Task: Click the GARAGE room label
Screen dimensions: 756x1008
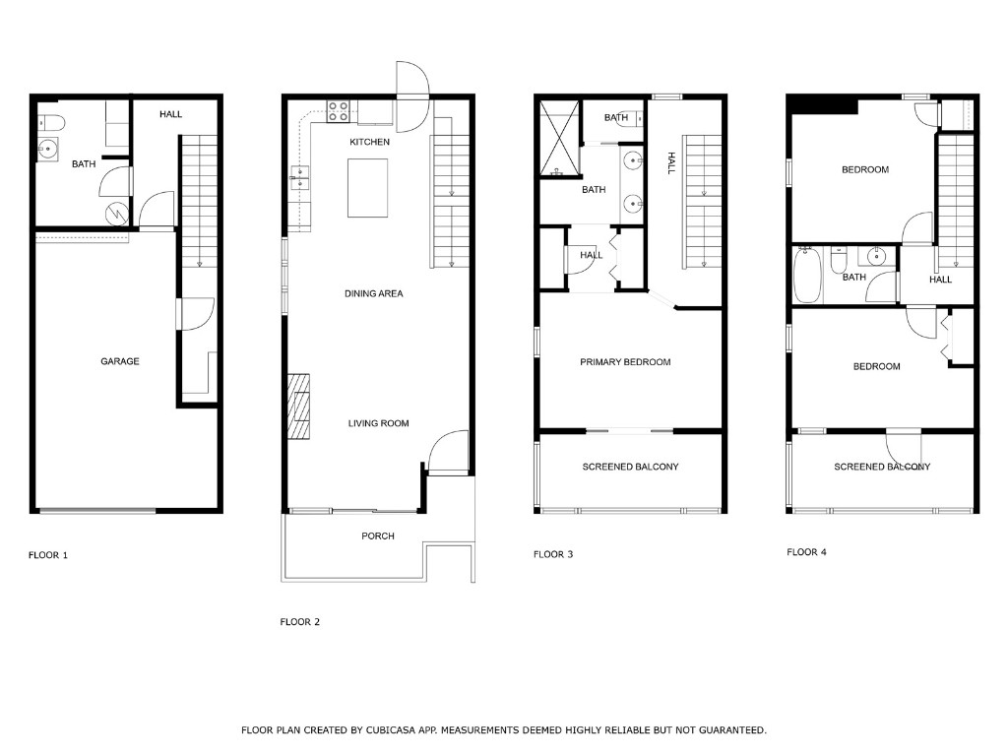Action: tap(119, 361)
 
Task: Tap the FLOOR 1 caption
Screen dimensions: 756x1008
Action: tap(47, 555)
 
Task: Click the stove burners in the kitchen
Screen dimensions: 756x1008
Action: tap(340, 111)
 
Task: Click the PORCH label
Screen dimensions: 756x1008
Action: tap(378, 536)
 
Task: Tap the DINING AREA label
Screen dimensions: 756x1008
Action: tap(373, 293)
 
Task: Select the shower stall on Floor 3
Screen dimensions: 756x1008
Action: tap(559, 138)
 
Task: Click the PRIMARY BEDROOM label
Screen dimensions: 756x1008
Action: tap(625, 362)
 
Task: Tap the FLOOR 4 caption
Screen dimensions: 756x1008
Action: tap(806, 552)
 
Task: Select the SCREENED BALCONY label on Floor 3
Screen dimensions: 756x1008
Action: tap(630, 467)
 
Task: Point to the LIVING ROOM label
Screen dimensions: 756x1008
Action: tap(378, 423)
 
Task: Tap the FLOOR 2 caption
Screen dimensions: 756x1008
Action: tap(299, 622)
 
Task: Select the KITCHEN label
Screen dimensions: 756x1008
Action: tap(369, 143)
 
